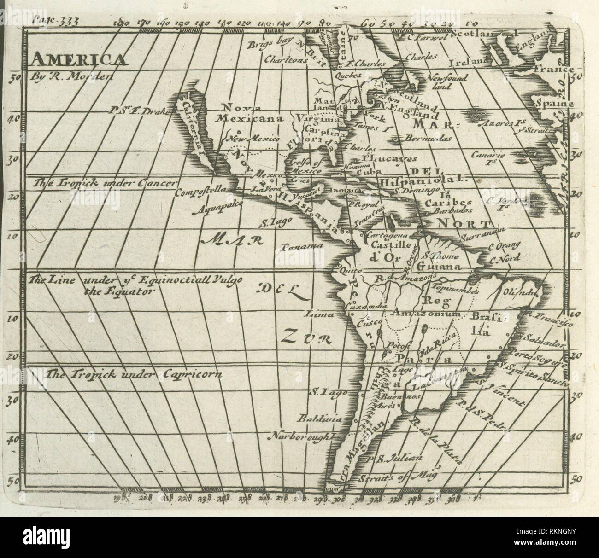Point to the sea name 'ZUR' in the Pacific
tap(305, 339)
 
